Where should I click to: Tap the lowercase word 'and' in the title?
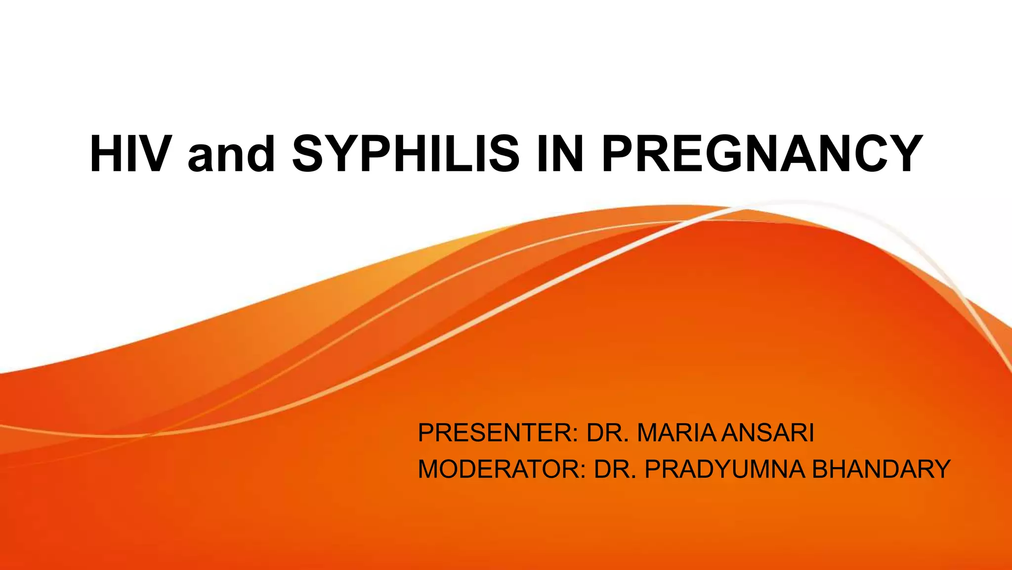pyautogui.click(x=231, y=154)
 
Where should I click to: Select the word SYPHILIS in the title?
pyautogui.click(x=406, y=154)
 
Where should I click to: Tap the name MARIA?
pyautogui.click(x=676, y=433)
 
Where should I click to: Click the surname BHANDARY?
pyautogui.click(x=881, y=469)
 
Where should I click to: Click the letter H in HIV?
pyautogui.click(x=105, y=154)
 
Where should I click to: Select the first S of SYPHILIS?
pyautogui.click(x=310, y=154)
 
